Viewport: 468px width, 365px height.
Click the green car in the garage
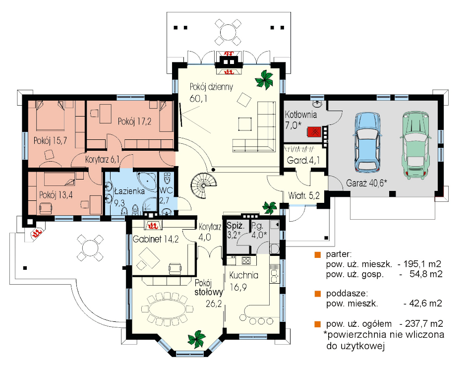[x=416, y=146]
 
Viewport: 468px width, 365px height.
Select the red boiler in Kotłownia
[x=314, y=131]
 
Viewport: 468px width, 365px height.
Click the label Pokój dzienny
[x=211, y=87]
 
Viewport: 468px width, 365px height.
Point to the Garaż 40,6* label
[x=366, y=182]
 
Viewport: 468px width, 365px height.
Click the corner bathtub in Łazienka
[x=147, y=180]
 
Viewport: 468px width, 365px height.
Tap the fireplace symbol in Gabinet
[x=153, y=225]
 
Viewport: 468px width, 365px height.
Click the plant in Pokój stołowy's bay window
[x=197, y=339]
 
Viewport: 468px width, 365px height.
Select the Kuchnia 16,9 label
[x=243, y=281]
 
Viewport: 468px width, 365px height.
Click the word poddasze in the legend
[x=346, y=293]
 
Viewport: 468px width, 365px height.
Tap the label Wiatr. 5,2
[x=304, y=196]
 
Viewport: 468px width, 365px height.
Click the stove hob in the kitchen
[x=246, y=260]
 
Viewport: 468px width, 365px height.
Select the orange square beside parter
[x=317, y=254]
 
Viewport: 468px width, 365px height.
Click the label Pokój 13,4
[x=56, y=195]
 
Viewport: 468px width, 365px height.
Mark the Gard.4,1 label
[x=303, y=161]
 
